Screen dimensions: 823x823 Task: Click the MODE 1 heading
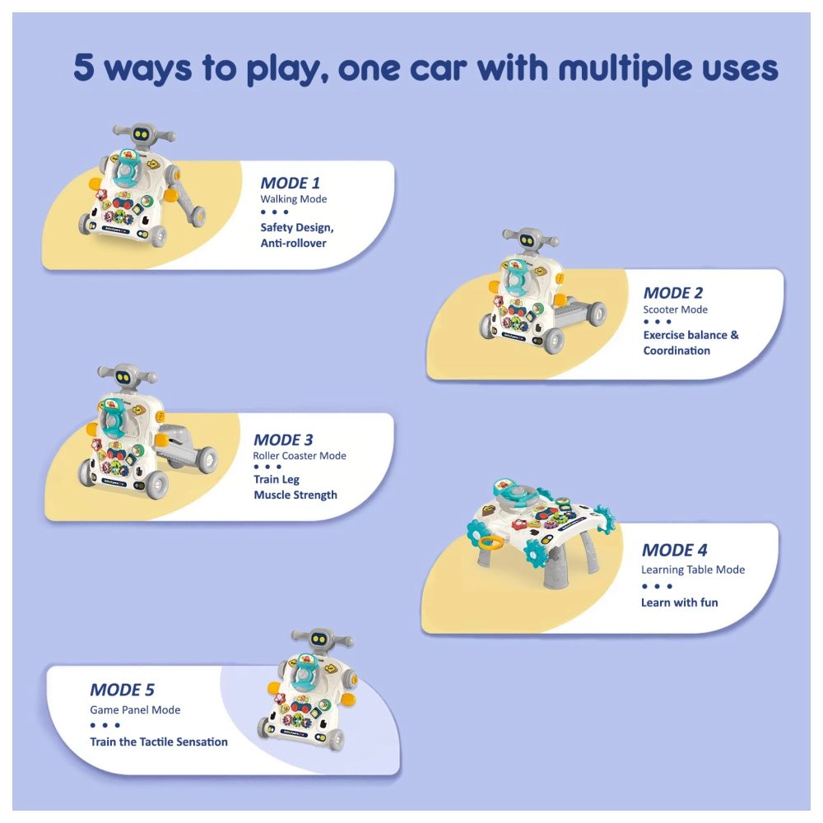(x=290, y=183)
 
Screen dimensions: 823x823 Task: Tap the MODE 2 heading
(x=672, y=293)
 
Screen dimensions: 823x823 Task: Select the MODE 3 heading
(x=283, y=439)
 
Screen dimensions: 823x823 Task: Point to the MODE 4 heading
(x=674, y=551)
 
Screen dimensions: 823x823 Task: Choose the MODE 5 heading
(x=122, y=690)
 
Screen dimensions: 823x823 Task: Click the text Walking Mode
(x=293, y=199)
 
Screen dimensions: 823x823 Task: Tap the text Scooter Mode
(x=675, y=309)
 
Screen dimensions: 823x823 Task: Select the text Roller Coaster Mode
(x=300, y=456)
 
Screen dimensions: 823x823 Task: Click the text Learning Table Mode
(x=693, y=570)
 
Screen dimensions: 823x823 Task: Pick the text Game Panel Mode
(x=135, y=709)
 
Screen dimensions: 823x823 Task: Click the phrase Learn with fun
(x=679, y=602)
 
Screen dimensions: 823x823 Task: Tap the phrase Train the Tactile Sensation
(x=159, y=742)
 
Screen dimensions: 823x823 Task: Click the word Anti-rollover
(x=293, y=244)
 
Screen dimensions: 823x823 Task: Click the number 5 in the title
(x=84, y=68)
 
